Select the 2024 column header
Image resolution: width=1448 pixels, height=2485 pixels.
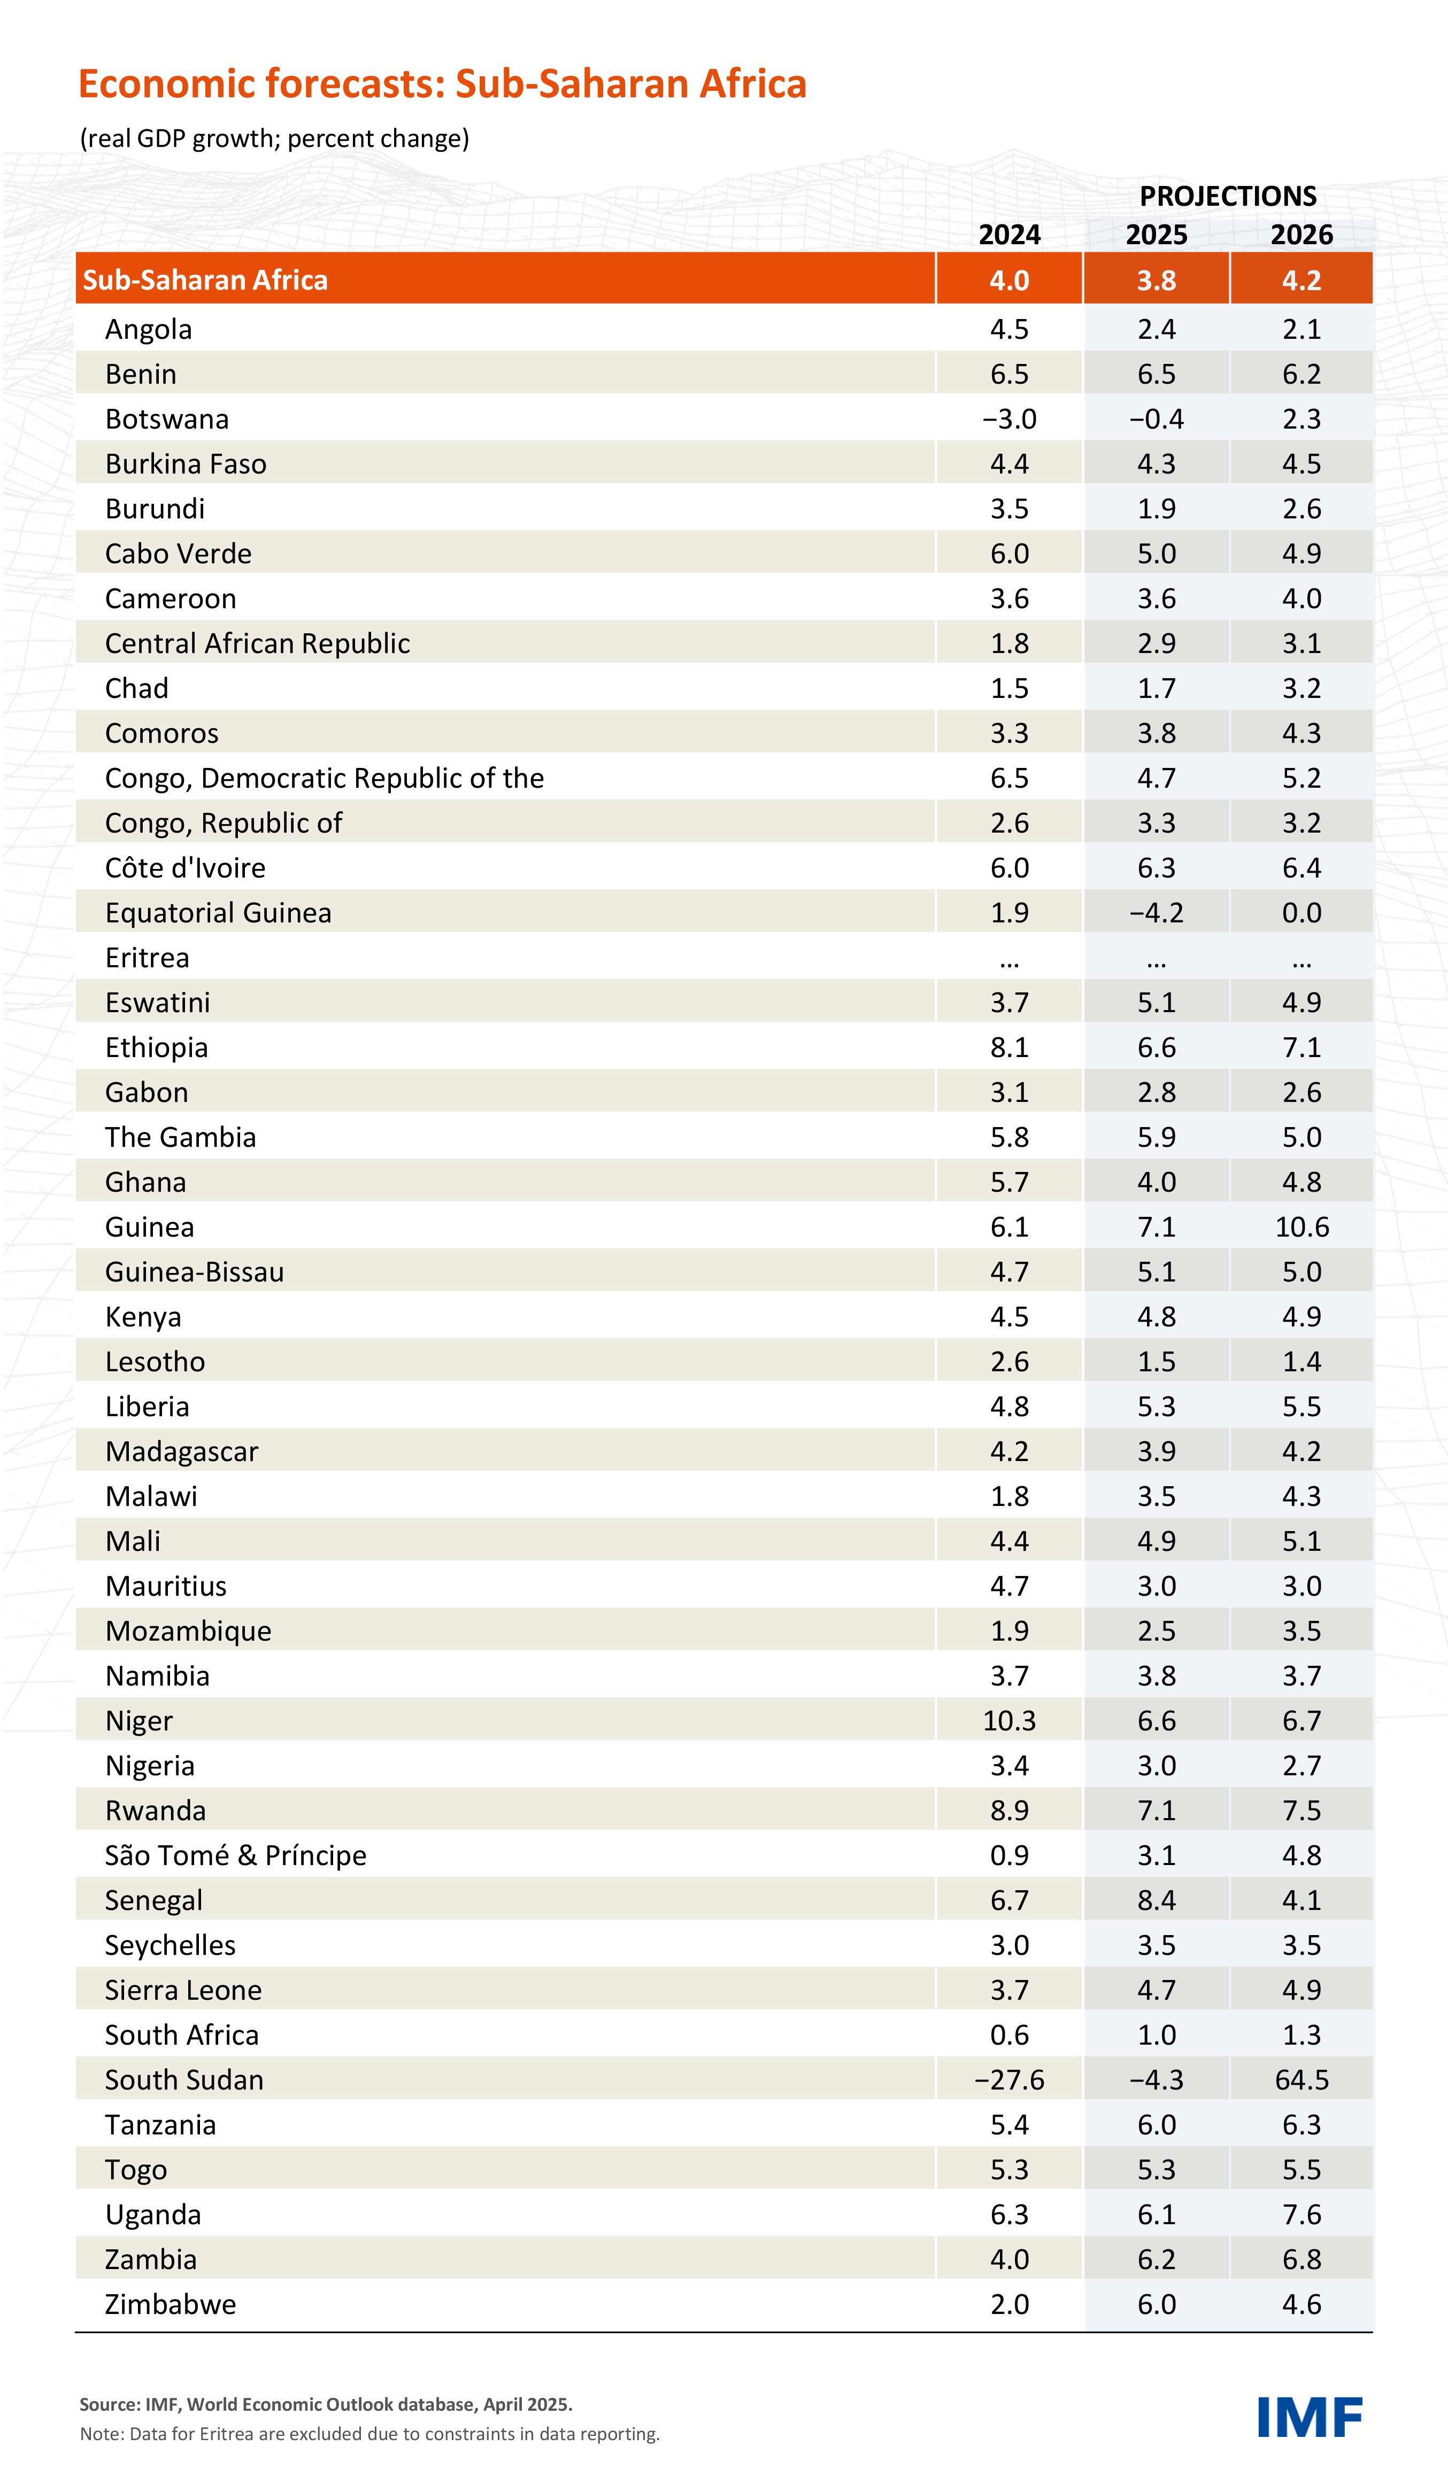pyautogui.click(x=1009, y=235)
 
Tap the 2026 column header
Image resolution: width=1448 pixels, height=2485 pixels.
pyautogui.click(x=1301, y=235)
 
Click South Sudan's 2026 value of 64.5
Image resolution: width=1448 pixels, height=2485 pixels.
pyautogui.click(x=1301, y=2080)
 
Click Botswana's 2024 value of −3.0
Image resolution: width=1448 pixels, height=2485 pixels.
pyautogui.click(x=1009, y=419)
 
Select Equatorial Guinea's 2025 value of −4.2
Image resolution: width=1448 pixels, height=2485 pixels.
pyautogui.click(x=1156, y=913)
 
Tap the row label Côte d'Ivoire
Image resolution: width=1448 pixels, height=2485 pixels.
pyautogui.click(x=186, y=868)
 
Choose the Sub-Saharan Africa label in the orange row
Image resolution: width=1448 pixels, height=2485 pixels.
pyautogui.click(x=205, y=280)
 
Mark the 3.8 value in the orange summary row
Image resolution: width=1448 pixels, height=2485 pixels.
pyautogui.click(x=1156, y=280)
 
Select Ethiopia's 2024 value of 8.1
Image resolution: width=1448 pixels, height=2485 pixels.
pyautogui.click(x=1009, y=1047)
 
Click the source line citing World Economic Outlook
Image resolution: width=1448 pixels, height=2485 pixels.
pyautogui.click(x=326, y=2404)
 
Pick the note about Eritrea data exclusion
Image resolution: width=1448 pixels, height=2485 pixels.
pyautogui.click(x=370, y=2434)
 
